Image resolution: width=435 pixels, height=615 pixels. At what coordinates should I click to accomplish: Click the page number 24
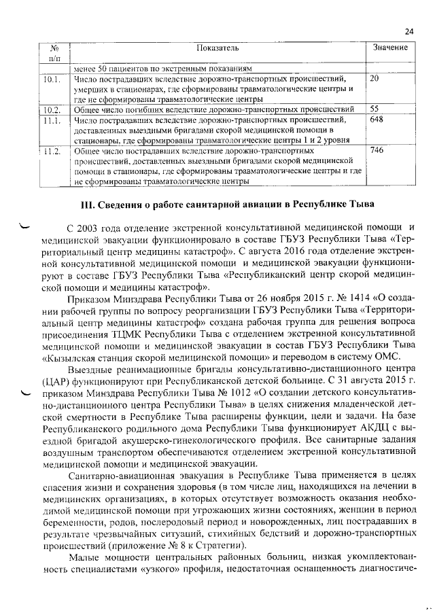point(408,31)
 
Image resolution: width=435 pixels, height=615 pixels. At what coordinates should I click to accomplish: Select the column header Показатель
point(217,48)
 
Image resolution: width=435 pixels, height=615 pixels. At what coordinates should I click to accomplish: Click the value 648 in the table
point(377,120)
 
